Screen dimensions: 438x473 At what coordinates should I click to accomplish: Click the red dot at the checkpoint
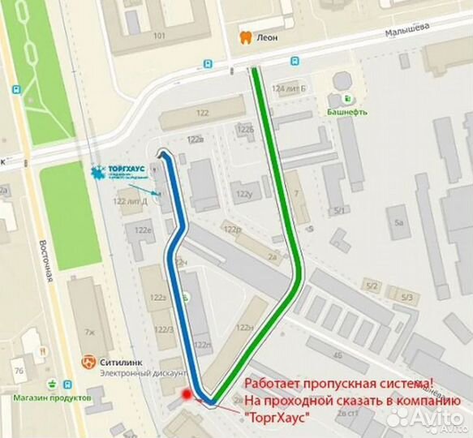coord(188,394)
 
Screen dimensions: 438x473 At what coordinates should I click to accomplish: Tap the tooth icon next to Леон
coord(244,36)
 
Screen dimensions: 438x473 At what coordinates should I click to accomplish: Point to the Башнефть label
coord(347,112)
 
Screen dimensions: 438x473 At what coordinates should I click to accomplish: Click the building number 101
coord(159,36)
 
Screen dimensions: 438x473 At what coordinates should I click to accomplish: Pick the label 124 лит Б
coord(289,88)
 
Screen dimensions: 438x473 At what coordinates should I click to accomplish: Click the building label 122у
coord(243,195)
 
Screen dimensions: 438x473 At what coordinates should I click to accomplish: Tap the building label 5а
coord(398,221)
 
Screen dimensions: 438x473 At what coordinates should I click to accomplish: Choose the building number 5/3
coord(406,298)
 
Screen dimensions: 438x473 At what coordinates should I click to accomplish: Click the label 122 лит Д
coord(130,201)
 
